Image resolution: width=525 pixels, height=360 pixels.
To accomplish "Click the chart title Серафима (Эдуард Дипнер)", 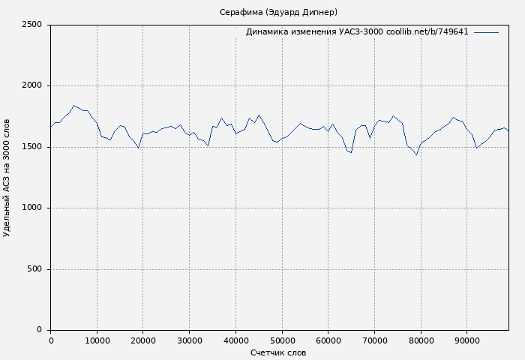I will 278,12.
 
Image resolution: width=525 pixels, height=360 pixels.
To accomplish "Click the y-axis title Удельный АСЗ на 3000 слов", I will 7,178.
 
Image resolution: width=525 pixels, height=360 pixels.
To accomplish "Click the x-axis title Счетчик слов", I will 278,352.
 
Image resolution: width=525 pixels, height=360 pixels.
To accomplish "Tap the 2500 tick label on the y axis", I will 31,25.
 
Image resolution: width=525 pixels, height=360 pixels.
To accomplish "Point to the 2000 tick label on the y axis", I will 31,85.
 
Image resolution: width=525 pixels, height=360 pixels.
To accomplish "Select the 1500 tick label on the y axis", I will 31,147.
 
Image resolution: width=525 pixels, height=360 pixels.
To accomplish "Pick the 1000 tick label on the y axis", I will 31,208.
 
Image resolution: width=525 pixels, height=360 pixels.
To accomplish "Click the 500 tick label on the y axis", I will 34,269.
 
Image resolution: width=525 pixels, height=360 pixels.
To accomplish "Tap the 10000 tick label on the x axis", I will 97,340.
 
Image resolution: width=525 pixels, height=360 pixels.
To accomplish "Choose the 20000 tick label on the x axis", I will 143,340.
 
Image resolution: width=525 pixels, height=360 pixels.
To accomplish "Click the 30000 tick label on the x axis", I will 189,340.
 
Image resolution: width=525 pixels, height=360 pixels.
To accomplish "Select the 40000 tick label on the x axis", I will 235,340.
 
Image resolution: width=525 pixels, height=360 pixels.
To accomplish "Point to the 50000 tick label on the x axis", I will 282,340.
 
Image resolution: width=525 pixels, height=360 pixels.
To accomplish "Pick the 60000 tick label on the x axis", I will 328,340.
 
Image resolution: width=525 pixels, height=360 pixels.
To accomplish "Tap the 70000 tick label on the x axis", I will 374,340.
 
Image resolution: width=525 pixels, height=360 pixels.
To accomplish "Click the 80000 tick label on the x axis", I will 421,340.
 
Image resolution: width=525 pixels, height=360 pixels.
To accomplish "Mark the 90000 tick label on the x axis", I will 466,340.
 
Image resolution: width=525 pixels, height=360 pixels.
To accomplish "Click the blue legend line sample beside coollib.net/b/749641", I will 486,32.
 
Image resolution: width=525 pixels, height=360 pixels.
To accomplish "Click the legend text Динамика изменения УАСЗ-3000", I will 314,32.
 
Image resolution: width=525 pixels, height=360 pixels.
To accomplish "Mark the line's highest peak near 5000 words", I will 73,106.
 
